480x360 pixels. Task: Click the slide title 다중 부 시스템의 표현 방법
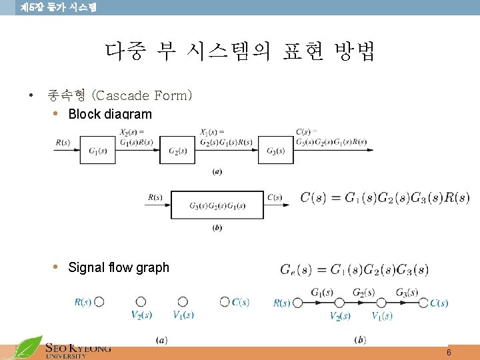tap(240, 51)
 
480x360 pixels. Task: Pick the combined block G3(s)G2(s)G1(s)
tap(217, 205)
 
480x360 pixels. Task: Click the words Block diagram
tap(110, 114)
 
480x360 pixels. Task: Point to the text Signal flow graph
tap(119, 267)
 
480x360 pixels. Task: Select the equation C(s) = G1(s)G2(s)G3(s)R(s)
tap(385, 197)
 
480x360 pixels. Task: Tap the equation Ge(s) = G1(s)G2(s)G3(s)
tap(354, 269)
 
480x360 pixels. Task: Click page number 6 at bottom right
tap(449, 352)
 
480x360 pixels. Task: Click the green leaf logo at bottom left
tap(29, 348)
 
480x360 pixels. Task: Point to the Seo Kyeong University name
tap(77, 351)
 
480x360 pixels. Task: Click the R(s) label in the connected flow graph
tap(282, 303)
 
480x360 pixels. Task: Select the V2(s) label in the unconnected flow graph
tap(141, 315)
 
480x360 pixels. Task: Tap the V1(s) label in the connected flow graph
tap(382, 315)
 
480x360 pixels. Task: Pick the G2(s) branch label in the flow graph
tap(363, 292)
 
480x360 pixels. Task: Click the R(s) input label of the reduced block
tap(155, 197)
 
